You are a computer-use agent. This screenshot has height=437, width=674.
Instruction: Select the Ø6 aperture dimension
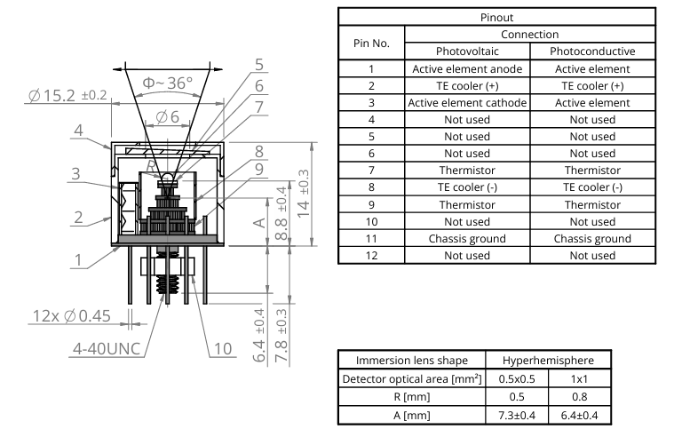click(167, 116)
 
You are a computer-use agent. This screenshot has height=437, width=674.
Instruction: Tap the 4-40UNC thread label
click(106, 347)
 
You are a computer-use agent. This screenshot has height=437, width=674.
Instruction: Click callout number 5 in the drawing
click(258, 64)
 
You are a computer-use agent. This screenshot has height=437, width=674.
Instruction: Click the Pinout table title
click(504, 17)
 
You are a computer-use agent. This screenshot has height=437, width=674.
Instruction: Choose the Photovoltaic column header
click(466, 51)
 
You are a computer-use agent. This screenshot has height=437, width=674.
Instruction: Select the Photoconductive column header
click(591, 51)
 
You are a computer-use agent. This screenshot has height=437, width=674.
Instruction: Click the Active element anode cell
click(466, 68)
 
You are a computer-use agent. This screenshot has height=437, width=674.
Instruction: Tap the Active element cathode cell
click(466, 102)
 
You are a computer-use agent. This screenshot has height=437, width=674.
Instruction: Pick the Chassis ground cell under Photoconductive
click(591, 238)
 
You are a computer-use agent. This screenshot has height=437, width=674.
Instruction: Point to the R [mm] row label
click(411, 397)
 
